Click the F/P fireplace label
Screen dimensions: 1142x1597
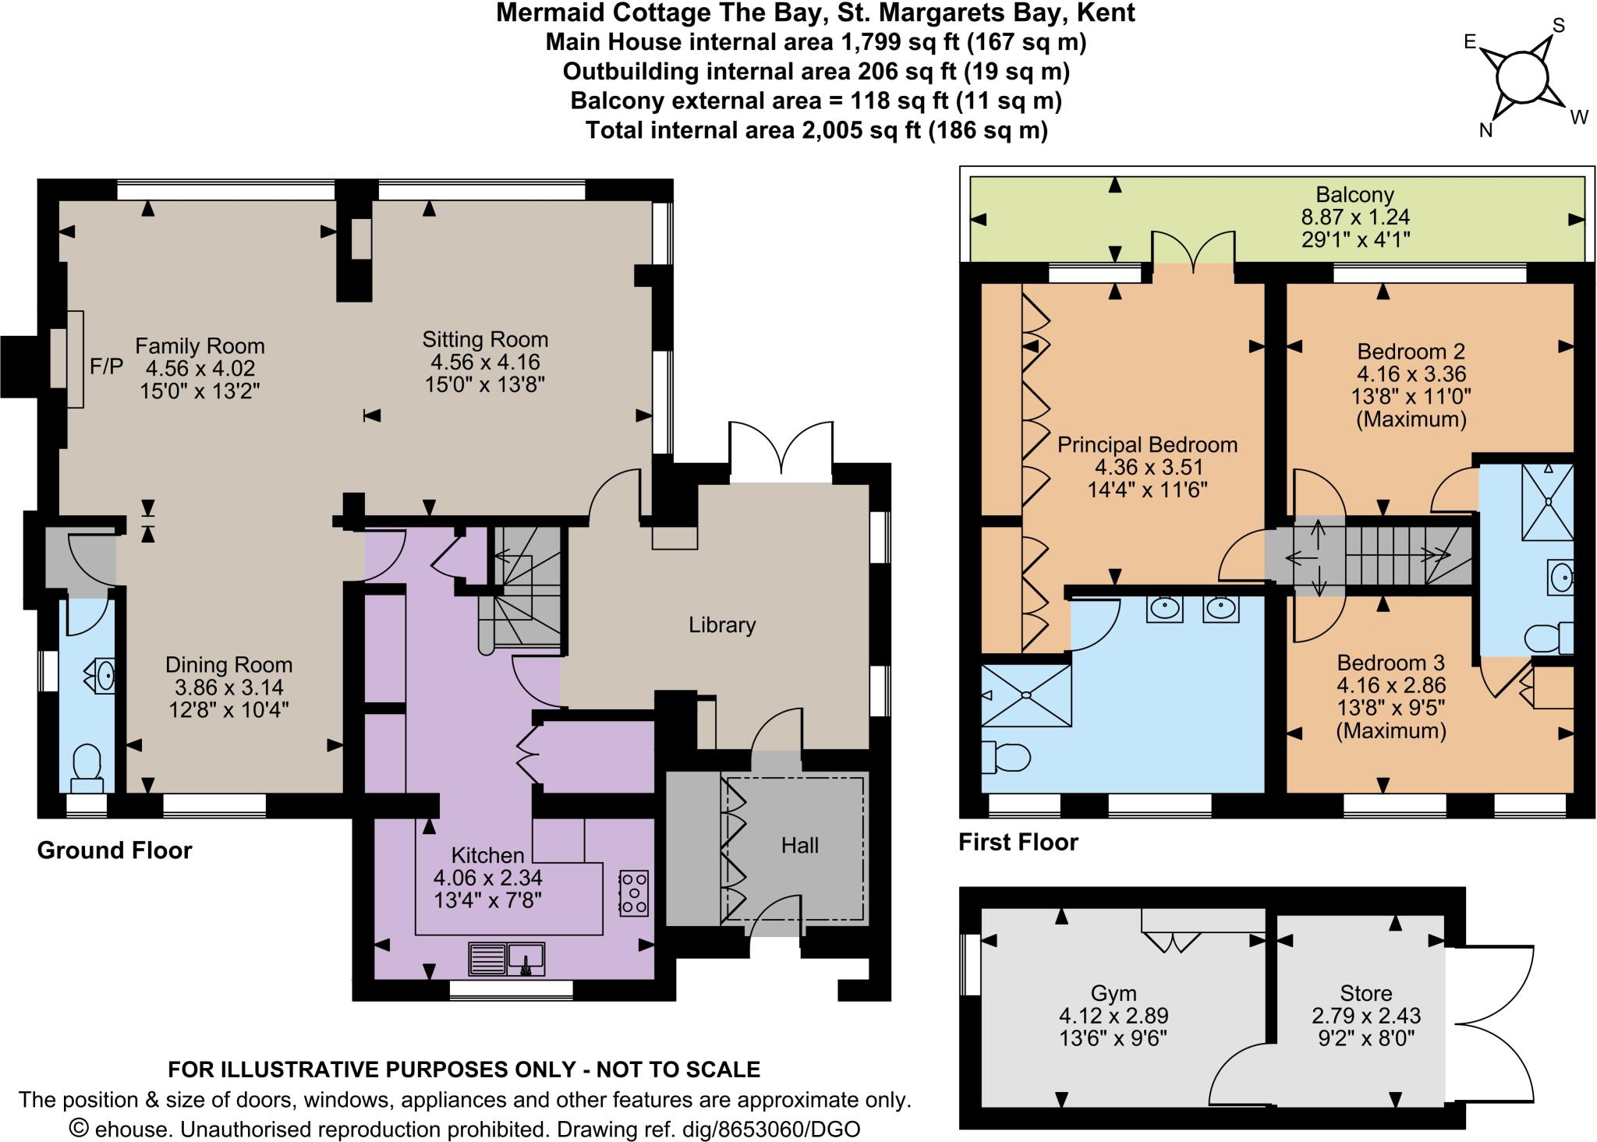[x=106, y=366]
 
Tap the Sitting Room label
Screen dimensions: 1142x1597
[x=485, y=339]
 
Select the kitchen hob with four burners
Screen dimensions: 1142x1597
[x=633, y=893]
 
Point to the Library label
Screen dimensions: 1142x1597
[x=722, y=625]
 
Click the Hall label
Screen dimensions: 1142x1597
[x=799, y=846]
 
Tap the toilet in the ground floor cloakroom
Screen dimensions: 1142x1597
[x=86, y=764]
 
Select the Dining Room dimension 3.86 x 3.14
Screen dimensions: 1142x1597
[x=228, y=688]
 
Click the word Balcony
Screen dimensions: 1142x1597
[x=1354, y=195]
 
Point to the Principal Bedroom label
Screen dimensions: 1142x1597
[x=1147, y=445]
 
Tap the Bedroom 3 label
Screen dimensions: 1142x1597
[x=1390, y=663]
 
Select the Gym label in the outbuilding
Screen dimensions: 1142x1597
[x=1113, y=993]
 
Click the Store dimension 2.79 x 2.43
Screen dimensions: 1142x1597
[x=1365, y=1016]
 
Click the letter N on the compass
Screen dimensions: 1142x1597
[x=1485, y=131]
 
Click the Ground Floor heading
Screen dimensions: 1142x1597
[x=115, y=850]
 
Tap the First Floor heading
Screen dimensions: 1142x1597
[x=1018, y=842]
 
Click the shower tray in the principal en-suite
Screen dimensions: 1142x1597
[x=1026, y=695]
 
